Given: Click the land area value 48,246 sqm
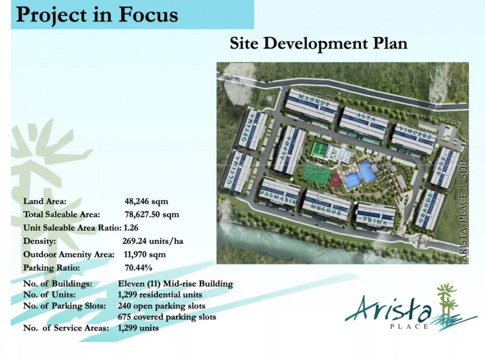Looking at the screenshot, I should pyautogui.click(x=146, y=201).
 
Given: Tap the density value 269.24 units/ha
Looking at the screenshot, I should pyautogui.click(x=153, y=241).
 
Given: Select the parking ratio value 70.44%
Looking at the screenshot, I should pyautogui.click(x=138, y=267).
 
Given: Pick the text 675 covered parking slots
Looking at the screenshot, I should pyautogui.click(x=166, y=317).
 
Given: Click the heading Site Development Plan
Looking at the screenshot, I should pyautogui.click(x=319, y=43).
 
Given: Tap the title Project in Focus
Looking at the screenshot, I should pyautogui.click(x=97, y=15).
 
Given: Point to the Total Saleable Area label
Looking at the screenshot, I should pyautogui.click(x=62, y=215).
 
